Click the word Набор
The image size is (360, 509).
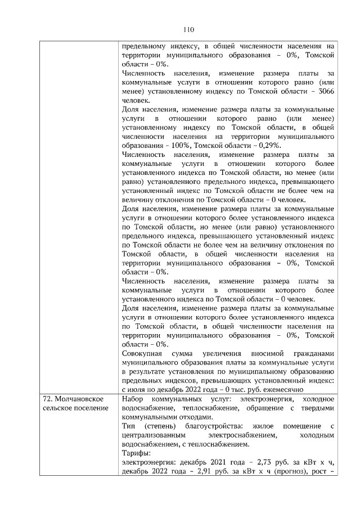(x=134, y=398)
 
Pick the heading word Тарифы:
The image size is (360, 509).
(x=136, y=452)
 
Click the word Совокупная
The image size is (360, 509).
(x=143, y=353)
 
